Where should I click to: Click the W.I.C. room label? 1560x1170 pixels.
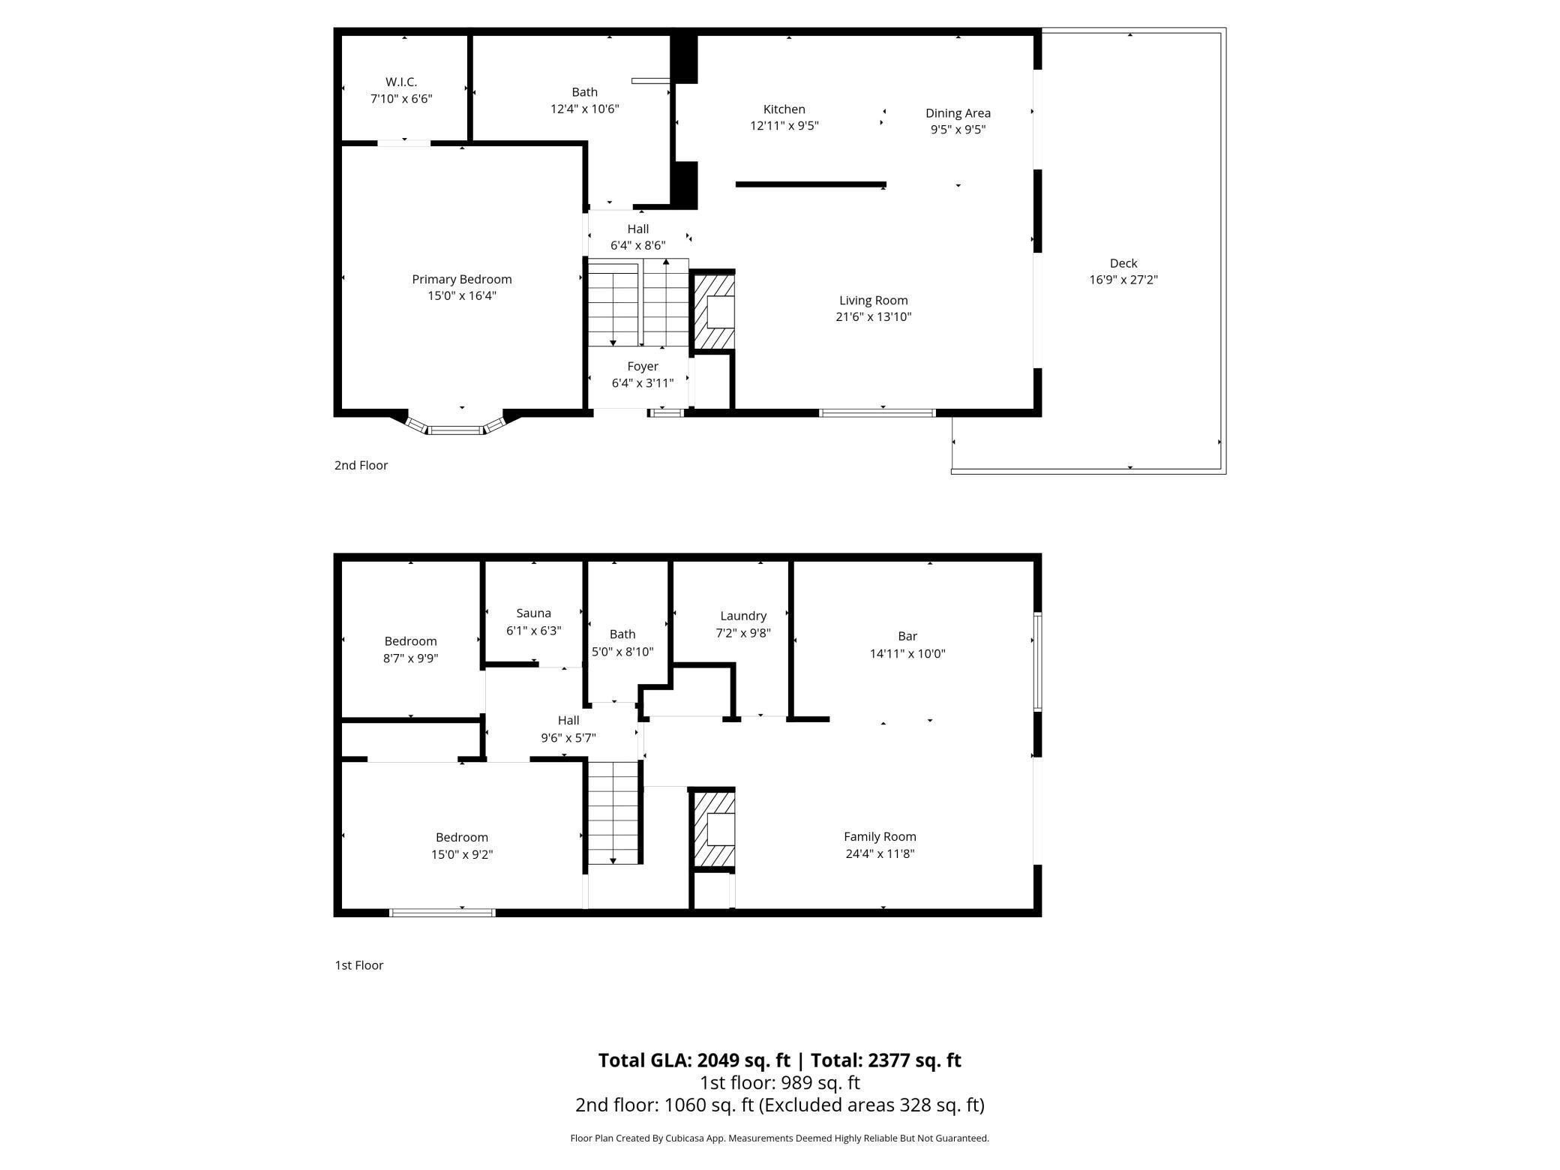click(401, 82)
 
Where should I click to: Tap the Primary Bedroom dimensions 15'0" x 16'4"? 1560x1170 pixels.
click(462, 295)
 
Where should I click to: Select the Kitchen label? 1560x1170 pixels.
click(784, 109)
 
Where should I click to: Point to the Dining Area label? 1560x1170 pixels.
click(958, 113)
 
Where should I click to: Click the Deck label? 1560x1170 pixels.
click(1123, 263)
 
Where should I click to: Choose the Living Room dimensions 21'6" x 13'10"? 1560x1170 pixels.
click(874, 316)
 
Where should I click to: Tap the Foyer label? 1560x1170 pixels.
click(643, 367)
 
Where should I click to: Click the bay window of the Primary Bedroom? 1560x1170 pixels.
click(456, 424)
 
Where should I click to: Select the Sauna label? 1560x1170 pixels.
click(534, 613)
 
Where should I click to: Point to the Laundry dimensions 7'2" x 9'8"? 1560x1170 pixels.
click(743, 633)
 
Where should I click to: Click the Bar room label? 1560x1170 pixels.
click(907, 636)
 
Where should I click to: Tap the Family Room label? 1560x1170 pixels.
click(880, 837)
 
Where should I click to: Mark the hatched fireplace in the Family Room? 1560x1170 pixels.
click(712, 829)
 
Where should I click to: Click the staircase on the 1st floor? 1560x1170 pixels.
click(613, 812)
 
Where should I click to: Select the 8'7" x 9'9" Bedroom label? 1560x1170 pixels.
click(410, 641)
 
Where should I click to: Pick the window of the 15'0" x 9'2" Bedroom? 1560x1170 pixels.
click(442, 913)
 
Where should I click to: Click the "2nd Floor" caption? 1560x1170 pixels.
click(361, 465)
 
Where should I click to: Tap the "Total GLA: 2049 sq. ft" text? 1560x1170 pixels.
click(694, 1060)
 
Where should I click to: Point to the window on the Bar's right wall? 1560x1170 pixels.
click(1038, 661)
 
